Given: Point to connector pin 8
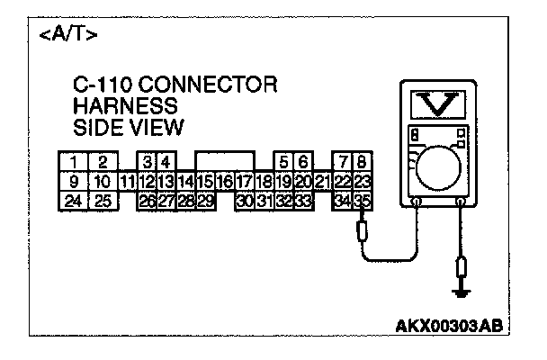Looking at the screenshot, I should pyautogui.click(x=363, y=162).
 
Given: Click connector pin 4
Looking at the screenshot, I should pyautogui.click(x=166, y=162).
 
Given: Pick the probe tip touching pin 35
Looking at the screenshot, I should pyautogui.click(x=363, y=232).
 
